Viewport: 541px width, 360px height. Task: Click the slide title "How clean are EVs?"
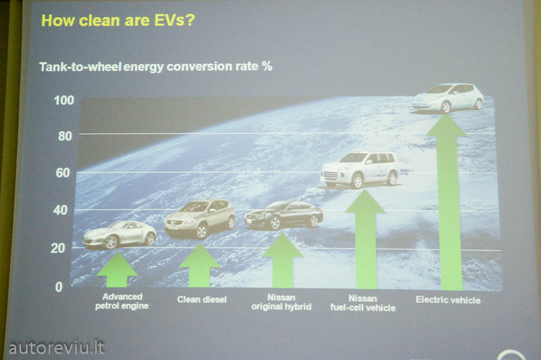(x=118, y=20)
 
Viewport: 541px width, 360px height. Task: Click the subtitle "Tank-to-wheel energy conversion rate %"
(x=156, y=66)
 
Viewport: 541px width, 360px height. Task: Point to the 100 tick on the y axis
(x=64, y=100)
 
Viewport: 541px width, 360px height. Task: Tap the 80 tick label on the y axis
(x=65, y=136)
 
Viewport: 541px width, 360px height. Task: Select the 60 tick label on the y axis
(x=63, y=173)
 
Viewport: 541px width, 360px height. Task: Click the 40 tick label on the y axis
(x=60, y=210)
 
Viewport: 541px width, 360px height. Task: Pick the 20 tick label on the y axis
(x=57, y=248)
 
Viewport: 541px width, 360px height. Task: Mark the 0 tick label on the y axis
(x=59, y=287)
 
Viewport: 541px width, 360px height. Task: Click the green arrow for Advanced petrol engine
(x=117, y=270)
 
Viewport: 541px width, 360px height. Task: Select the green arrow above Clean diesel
(x=199, y=266)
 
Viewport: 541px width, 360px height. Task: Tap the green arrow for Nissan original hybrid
(x=283, y=261)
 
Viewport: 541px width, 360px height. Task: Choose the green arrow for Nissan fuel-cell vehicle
(x=365, y=239)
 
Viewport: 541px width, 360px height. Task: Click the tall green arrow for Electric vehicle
(x=448, y=202)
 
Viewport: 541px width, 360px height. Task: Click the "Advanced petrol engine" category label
(x=122, y=301)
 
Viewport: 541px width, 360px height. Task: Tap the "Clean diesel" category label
(x=202, y=300)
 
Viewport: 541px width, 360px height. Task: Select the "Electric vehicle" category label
(x=448, y=300)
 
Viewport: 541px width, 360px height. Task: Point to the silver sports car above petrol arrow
(x=120, y=235)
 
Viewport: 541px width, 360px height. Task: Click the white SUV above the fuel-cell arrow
(x=360, y=171)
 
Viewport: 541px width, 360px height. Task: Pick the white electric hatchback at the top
(x=448, y=98)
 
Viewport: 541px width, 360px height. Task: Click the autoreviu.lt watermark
(x=56, y=348)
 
